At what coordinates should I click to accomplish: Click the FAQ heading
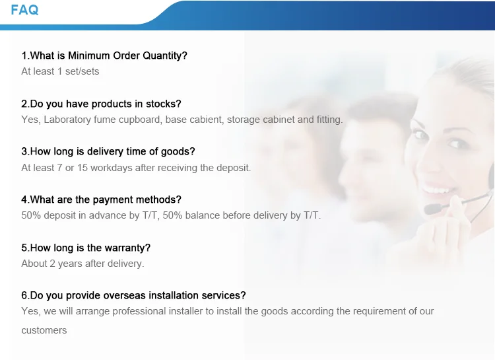[x=24, y=10]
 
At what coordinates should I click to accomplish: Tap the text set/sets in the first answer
[x=82, y=71]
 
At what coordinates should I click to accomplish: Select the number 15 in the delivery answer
[x=82, y=168]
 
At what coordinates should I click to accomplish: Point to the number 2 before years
[x=52, y=264]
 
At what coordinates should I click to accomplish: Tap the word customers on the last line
[x=44, y=331]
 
